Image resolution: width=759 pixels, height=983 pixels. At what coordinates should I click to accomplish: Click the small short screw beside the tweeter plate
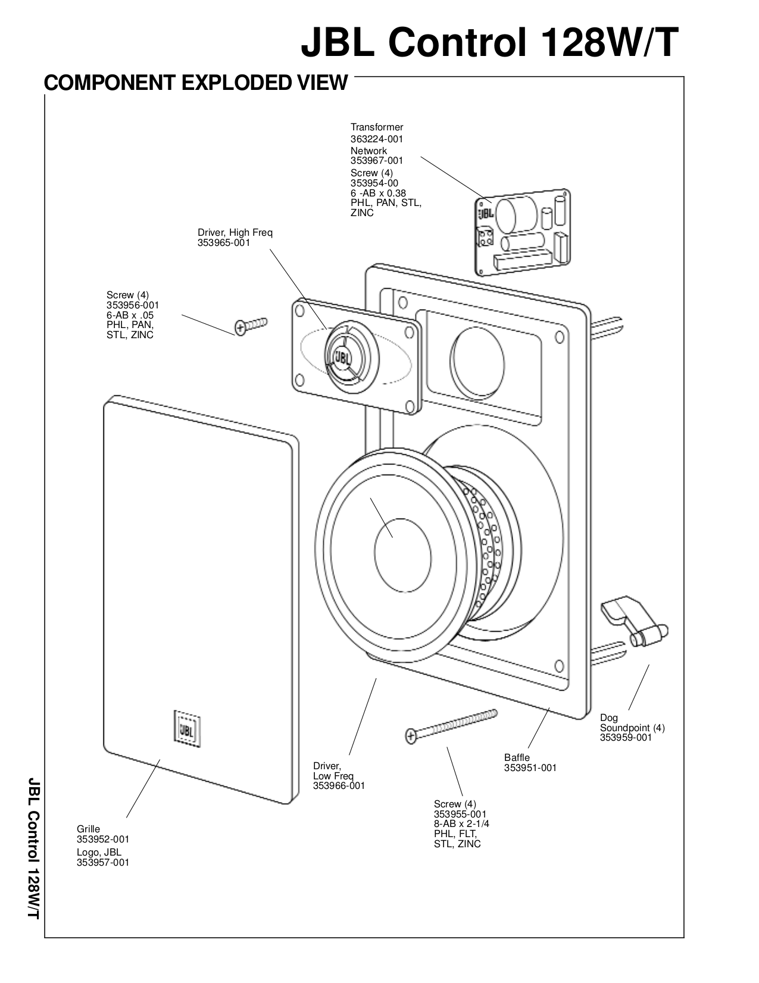click(251, 325)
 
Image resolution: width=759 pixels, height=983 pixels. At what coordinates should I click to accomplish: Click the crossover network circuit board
click(523, 232)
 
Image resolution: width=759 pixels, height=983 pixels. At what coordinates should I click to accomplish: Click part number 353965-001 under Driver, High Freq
click(224, 243)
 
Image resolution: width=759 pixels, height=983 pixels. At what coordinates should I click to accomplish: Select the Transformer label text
click(376, 127)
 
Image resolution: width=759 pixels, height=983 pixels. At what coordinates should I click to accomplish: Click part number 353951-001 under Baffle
click(530, 767)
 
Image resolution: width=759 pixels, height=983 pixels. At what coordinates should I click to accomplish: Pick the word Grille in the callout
click(88, 829)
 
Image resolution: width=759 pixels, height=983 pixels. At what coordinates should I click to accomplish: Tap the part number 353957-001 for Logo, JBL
click(102, 862)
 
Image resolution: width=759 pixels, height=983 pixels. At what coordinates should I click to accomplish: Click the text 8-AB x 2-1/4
click(461, 824)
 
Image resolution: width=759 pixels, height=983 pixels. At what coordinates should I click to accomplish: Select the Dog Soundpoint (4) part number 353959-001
click(626, 737)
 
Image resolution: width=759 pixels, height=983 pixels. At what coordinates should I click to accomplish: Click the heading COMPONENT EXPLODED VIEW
click(195, 82)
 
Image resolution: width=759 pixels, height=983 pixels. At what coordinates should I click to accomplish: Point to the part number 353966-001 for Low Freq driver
click(339, 785)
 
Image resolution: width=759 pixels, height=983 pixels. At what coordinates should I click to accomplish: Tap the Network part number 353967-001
click(376, 160)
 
